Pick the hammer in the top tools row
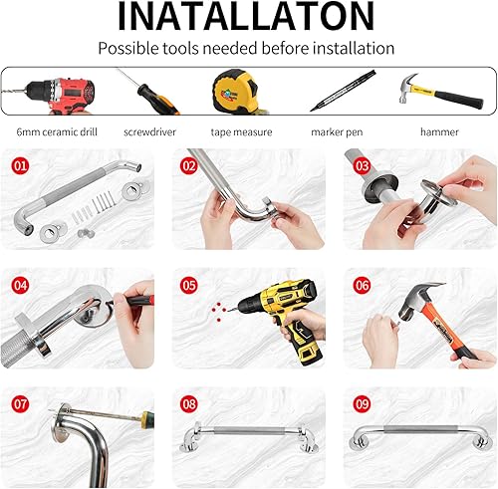click(x=438, y=91)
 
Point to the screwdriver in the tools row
click(x=145, y=93)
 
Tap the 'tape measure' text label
click(x=242, y=130)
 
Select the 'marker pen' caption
click(x=339, y=130)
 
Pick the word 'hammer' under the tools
click(x=438, y=130)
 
